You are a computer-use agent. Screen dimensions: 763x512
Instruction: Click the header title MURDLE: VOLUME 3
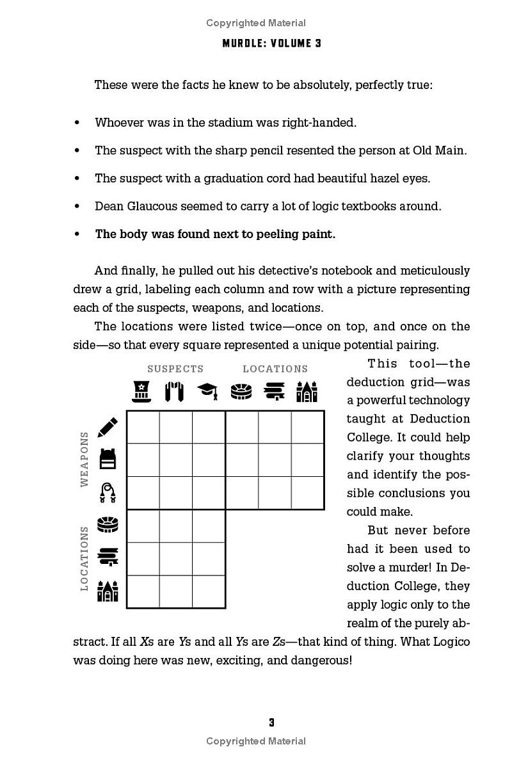pyautogui.click(x=271, y=44)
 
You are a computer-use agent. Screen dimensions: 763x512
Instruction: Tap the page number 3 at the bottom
pyautogui.click(x=271, y=723)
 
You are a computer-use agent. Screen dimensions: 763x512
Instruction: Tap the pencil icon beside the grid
pyautogui.click(x=108, y=427)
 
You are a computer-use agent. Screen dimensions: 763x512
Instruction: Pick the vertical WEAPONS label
pyautogui.click(x=84, y=459)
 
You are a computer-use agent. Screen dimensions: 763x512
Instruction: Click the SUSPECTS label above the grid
pyautogui.click(x=175, y=369)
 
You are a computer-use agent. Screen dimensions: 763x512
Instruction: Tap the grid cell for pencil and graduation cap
pyautogui.click(x=209, y=427)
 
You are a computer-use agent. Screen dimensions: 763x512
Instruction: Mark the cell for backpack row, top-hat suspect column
pyautogui.click(x=143, y=460)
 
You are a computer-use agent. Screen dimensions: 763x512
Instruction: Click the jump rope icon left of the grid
pyautogui.click(x=108, y=493)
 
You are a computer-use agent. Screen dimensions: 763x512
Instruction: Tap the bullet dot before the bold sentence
pyautogui.click(x=77, y=234)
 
